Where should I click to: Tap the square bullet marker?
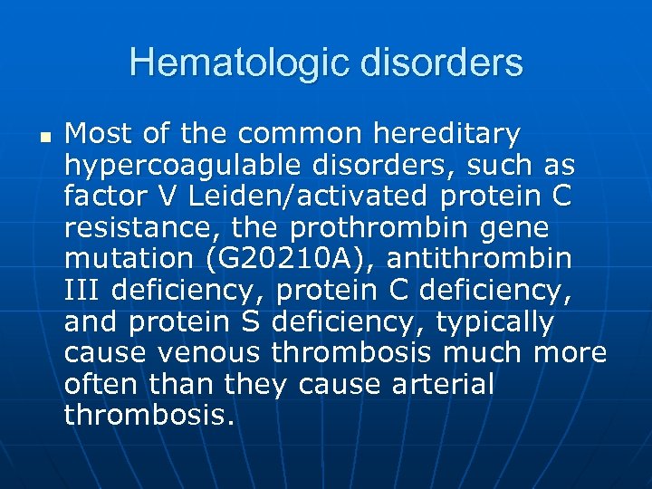43,138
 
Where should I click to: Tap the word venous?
216,353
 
